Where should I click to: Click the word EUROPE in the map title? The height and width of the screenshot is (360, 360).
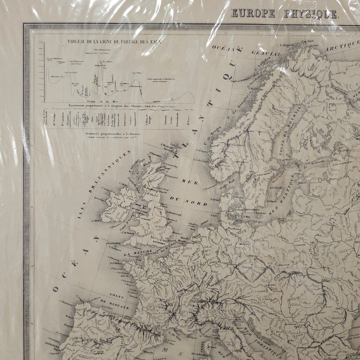click(x=253, y=14)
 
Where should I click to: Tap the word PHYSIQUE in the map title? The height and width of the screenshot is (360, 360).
click(x=311, y=14)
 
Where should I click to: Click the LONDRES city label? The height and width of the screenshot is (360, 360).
click(x=159, y=243)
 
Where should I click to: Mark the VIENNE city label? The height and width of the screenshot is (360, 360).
click(x=270, y=285)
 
